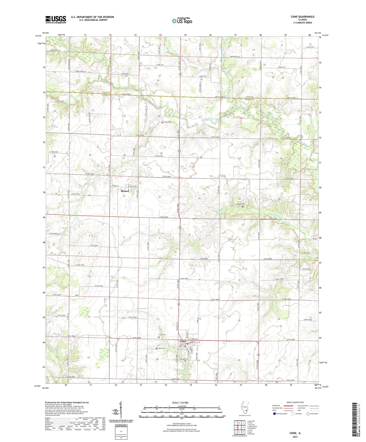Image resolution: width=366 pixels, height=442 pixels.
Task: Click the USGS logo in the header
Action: pyautogui.click(x=55, y=19)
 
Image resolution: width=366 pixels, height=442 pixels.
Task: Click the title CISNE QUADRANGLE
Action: pyautogui.click(x=302, y=17)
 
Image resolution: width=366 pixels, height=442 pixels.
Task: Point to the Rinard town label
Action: pyautogui.click(x=125, y=191)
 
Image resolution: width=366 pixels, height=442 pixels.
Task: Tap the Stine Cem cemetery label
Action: pyautogui.click(x=162, y=348)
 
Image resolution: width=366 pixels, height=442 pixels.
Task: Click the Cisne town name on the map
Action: pyautogui.click(x=183, y=341)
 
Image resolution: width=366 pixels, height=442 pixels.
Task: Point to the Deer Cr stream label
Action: pyautogui.click(x=105, y=316)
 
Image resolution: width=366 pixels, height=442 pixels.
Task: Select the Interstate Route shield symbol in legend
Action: pyautogui.click(x=275, y=414)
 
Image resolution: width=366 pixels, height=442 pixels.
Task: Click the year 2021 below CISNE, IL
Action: pyautogui.click(x=295, y=437)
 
